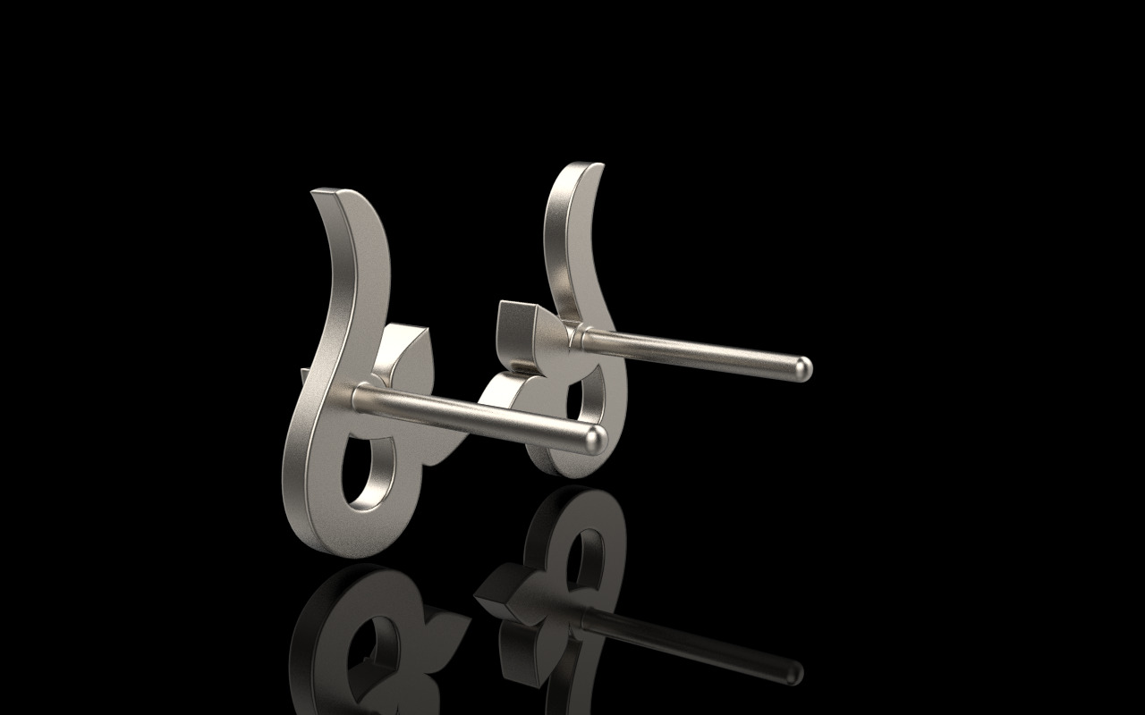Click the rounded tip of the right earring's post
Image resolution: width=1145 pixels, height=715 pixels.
tap(804, 366)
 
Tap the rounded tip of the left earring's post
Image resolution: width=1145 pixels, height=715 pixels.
tap(597, 438)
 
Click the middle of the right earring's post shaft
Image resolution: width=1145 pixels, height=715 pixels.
tap(689, 350)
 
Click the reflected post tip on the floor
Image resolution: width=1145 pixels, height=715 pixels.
tap(792, 672)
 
